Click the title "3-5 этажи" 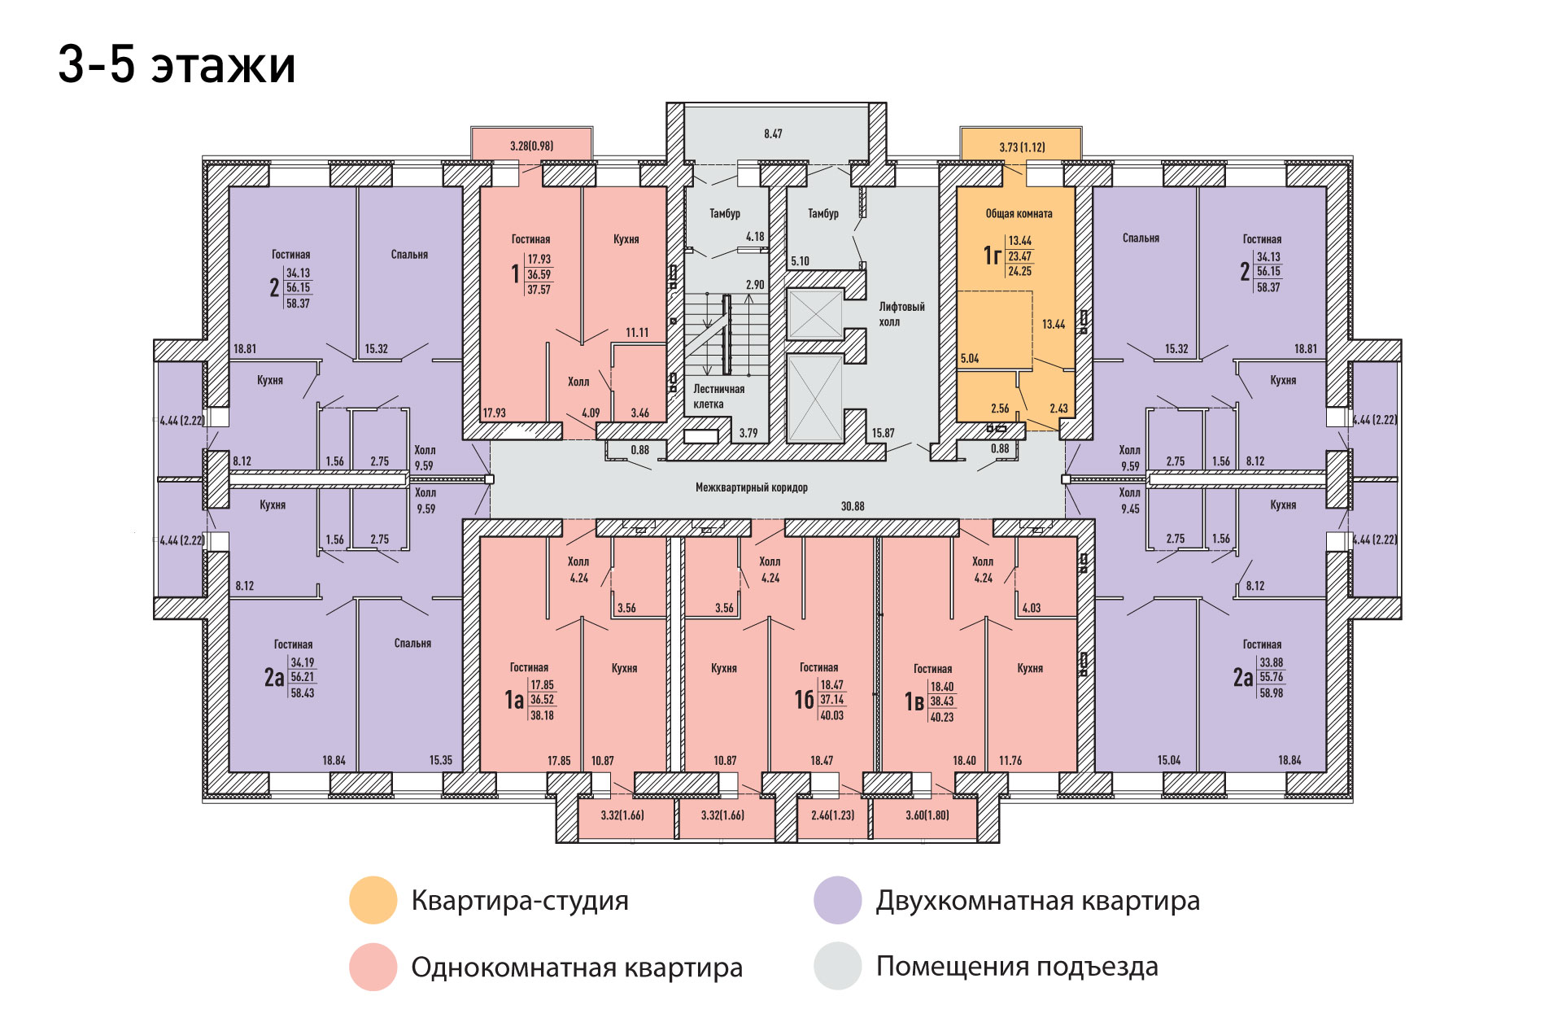pyautogui.click(x=177, y=64)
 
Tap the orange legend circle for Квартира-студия pyautogui.click(x=373, y=900)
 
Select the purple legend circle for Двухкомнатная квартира pyautogui.click(x=837, y=900)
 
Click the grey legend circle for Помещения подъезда pyautogui.click(x=837, y=966)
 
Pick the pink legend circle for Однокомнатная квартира pyautogui.click(x=373, y=967)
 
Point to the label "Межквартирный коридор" pyautogui.click(x=751, y=487)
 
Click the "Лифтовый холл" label pyautogui.click(x=901, y=314)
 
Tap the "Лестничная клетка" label pyautogui.click(x=718, y=396)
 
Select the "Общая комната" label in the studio pyautogui.click(x=1019, y=214)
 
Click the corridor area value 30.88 pyautogui.click(x=853, y=506)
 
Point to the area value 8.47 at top pyautogui.click(x=773, y=133)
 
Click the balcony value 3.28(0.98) pyautogui.click(x=531, y=146)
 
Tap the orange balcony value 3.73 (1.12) pyautogui.click(x=1022, y=147)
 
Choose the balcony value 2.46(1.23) pyautogui.click(x=832, y=815)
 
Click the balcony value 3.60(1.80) pyautogui.click(x=927, y=815)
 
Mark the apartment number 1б pyautogui.click(x=804, y=700)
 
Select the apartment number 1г pyautogui.click(x=992, y=256)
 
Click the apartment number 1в pyautogui.click(x=914, y=701)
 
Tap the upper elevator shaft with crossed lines pyautogui.click(x=814, y=313)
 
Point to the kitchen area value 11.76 pyautogui.click(x=1010, y=761)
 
